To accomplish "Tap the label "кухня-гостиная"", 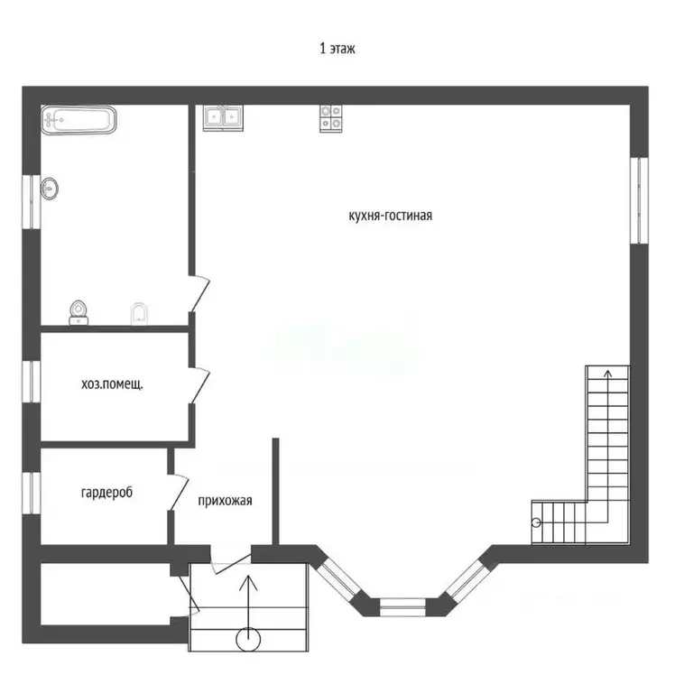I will (x=391, y=216).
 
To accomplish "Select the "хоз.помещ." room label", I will (x=112, y=383).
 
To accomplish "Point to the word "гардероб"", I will (x=106, y=493).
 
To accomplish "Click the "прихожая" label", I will (x=225, y=502).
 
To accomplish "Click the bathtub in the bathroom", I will (x=79, y=119).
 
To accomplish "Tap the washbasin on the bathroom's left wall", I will (x=51, y=188).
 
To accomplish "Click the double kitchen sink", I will (x=222, y=117).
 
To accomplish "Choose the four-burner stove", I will (x=330, y=118).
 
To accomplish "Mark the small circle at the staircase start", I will (x=537, y=522).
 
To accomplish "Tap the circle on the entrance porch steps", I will (x=248, y=640).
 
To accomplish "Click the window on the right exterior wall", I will (x=640, y=200).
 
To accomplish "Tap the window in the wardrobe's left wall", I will (x=31, y=493).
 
